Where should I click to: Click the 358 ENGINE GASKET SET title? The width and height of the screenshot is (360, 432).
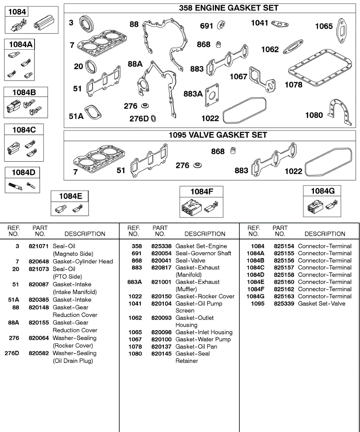229,8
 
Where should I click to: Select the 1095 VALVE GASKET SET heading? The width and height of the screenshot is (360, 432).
218,135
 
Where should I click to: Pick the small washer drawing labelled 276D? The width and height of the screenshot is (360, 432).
153,118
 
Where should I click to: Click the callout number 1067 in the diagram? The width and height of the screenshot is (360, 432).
238,77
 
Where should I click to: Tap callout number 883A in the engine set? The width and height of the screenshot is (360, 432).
193,94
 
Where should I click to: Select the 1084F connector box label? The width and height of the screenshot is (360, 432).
201,192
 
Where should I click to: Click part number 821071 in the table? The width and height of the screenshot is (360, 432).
38,246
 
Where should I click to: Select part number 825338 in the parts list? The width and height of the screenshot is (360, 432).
161,246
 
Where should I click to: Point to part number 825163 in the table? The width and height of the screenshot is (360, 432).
284,296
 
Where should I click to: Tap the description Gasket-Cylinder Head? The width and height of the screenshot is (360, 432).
83,261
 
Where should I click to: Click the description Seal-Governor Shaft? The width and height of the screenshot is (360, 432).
203,253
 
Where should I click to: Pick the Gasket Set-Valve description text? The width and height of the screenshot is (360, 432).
321,303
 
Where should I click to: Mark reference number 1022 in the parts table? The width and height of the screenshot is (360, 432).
135,296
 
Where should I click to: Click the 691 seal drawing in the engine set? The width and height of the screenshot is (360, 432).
221,26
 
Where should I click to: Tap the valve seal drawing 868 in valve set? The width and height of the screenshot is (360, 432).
233,150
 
